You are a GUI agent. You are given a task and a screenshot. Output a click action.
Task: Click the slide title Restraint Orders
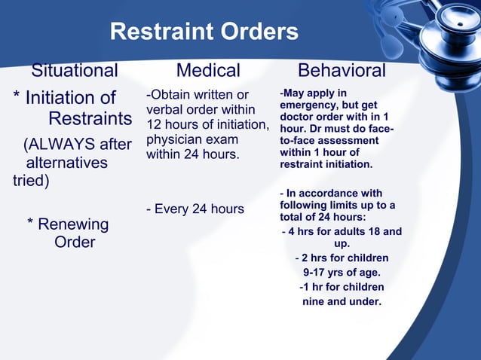(x=204, y=32)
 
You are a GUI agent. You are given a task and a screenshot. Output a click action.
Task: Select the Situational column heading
(x=75, y=71)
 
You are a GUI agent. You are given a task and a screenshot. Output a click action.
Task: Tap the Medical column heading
(x=208, y=71)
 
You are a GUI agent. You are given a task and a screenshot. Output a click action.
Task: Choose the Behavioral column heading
(x=342, y=71)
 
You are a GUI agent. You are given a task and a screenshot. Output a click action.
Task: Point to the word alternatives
(x=67, y=163)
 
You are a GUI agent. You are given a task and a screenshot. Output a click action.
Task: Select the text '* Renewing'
(x=68, y=224)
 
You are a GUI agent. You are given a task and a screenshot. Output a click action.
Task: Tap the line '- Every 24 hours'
(x=195, y=209)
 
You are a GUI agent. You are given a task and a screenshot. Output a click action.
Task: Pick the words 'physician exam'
(x=192, y=139)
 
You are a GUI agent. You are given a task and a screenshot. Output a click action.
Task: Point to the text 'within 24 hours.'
(x=192, y=154)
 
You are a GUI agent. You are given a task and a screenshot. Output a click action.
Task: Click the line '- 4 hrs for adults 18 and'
(x=342, y=231)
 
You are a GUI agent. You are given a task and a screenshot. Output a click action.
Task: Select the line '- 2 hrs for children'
(x=342, y=258)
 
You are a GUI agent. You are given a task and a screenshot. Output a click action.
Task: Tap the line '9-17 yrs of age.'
(x=342, y=273)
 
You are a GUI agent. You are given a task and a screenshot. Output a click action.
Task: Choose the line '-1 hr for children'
(x=342, y=287)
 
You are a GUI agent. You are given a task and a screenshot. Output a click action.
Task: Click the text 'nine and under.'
(x=342, y=302)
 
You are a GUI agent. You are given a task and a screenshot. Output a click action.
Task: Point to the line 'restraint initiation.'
(x=326, y=163)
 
